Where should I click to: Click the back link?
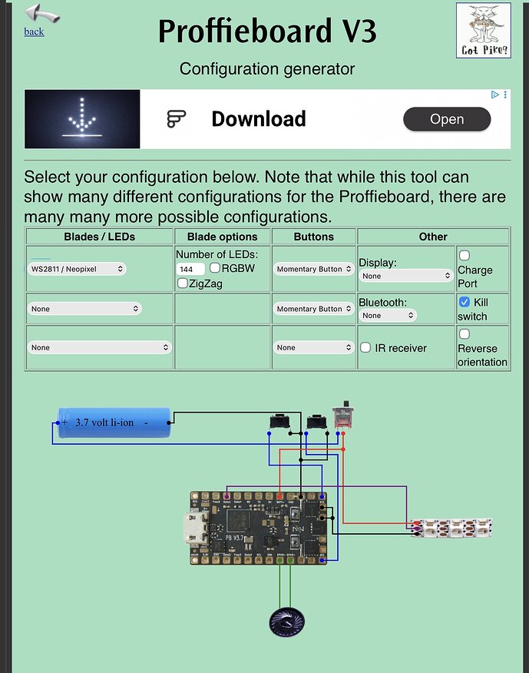click(x=34, y=31)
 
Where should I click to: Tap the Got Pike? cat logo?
click(x=483, y=30)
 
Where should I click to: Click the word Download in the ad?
click(x=258, y=119)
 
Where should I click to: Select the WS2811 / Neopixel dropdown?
click(x=77, y=269)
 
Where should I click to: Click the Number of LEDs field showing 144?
click(x=190, y=269)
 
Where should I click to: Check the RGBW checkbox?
click(x=215, y=268)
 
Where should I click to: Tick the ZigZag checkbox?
click(x=182, y=283)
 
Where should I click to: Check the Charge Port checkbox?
click(x=464, y=255)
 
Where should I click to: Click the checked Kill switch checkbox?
click(x=464, y=302)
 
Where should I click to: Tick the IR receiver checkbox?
click(x=366, y=347)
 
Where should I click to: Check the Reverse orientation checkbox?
click(x=464, y=333)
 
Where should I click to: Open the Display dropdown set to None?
click(x=406, y=276)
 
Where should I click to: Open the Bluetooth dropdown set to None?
click(x=388, y=315)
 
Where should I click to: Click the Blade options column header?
click(x=223, y=237)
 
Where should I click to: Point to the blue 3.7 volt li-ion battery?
click(x=114, y=422)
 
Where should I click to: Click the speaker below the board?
click(x=286, y=621)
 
